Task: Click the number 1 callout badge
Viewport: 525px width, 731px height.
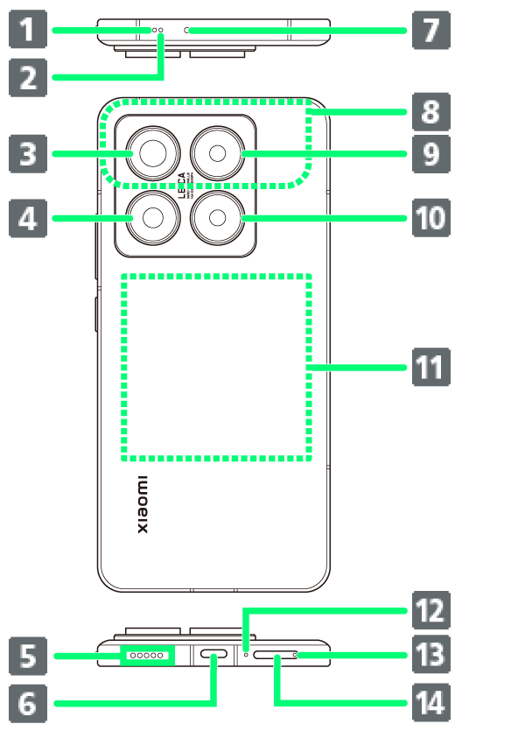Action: [x=28, y=31]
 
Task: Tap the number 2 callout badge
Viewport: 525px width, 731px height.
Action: [x=28, y=76]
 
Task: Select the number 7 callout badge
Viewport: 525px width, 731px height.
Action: [x=430, y=31]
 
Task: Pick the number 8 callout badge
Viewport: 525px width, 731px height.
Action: [x=430, y=111]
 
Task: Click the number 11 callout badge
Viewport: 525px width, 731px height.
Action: [x=430, y=367]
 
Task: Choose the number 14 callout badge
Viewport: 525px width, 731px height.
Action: [x=430, y=702]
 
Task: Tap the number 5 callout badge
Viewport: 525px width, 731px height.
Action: [x=28, y=656]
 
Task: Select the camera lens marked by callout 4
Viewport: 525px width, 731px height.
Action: [x=151, y=218]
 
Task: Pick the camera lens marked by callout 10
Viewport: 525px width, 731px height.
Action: [x=216, y=218]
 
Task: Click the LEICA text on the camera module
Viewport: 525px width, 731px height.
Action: [x=183, y=186]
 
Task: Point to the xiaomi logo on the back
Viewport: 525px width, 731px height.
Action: [x=143, y=505]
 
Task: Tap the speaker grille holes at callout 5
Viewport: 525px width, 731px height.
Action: [x=147, y=655]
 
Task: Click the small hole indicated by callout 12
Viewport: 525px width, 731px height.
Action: [x=246, y=654]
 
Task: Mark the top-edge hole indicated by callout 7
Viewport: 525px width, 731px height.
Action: [x=187, y=30]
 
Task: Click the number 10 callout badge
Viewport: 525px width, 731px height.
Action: [x=430, y=218]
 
